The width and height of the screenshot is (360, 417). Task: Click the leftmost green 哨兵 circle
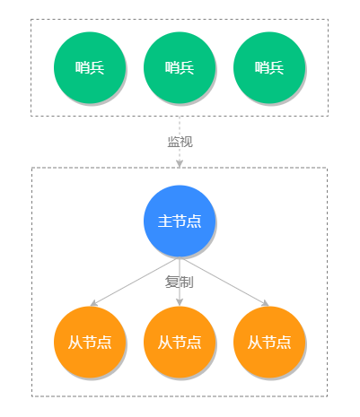click(x=89, y=67)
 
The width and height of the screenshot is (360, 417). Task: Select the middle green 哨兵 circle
click(x=179, y=67)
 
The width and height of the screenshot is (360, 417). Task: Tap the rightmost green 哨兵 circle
click(x=268, y=67)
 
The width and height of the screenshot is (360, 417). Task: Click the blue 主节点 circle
click(x=179, y=221)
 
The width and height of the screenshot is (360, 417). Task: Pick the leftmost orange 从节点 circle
click(x=89, y=342)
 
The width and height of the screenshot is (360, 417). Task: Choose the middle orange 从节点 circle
click(x=179, y=342)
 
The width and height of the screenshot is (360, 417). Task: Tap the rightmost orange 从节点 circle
click(x=268, y=342)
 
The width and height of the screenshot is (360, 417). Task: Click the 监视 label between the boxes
click(x=180, y=142)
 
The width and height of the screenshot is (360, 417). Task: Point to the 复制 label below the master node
click(x=180, y=282)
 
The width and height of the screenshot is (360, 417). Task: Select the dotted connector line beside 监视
click(x=180, y=157)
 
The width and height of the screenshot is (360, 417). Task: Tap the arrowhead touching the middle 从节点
click(x=180, y=302)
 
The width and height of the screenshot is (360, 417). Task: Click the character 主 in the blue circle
click(x=164, y=221)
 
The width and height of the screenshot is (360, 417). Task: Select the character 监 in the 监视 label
click(x=173, y=142)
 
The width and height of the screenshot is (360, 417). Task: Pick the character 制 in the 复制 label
click(x=187, y=282)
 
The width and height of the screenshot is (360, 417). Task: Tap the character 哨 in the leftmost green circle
click(x=83, y=67)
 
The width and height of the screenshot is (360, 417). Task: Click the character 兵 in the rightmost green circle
click(x=277, y=67)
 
